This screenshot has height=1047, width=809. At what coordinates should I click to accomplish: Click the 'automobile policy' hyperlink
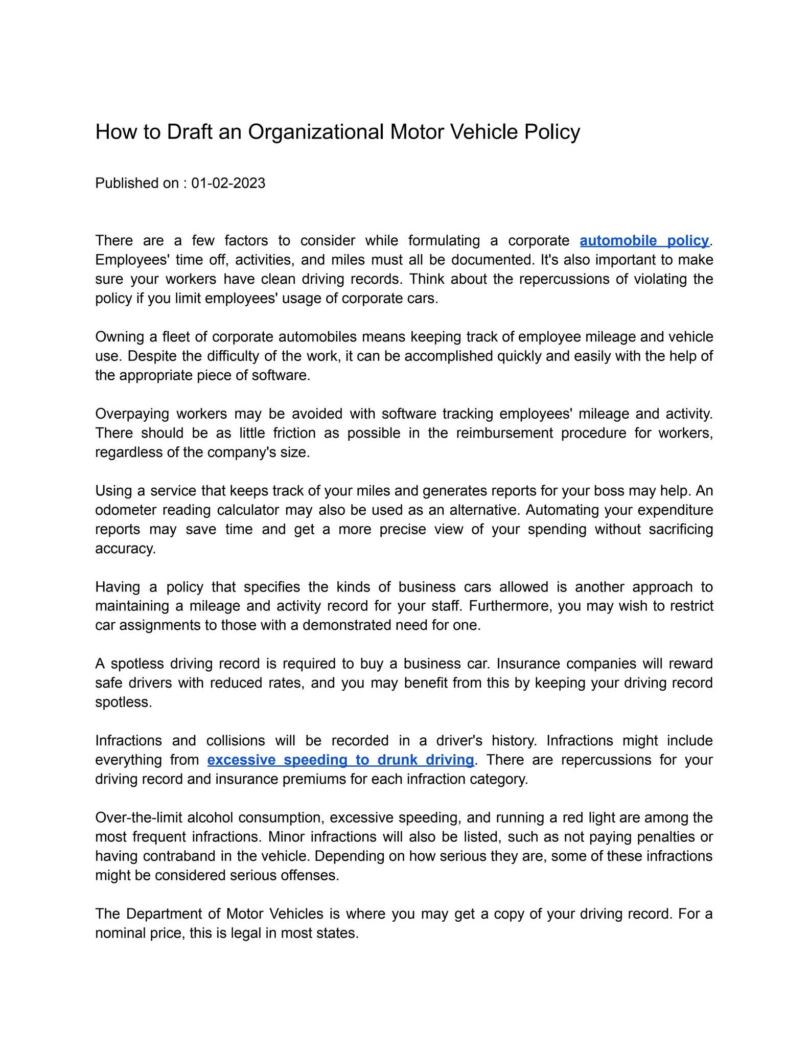(x=644, y=240)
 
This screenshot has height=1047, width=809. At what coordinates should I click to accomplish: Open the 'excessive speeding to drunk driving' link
(x=340, y=760)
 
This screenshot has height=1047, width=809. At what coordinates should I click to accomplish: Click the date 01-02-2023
(x=228, y=183)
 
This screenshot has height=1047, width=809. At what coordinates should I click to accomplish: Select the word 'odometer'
(x=125, y=510)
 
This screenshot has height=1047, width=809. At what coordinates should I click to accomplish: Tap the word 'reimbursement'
(x=504, y=433)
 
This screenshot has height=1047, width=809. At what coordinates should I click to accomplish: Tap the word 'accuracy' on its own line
(x=125, y=549)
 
